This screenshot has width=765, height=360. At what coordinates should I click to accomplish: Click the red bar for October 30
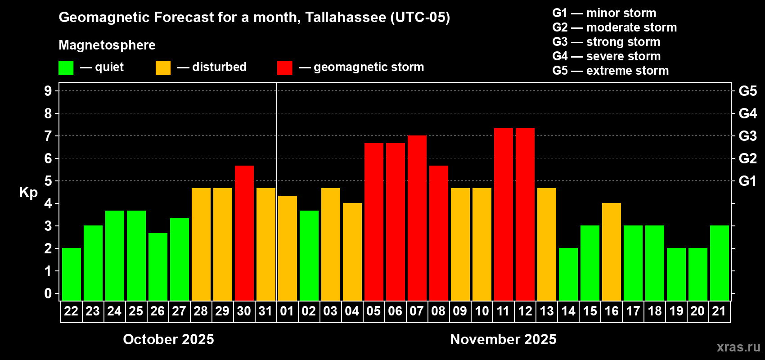coord(244,233)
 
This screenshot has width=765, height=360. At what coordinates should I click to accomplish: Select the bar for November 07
coord(417,218)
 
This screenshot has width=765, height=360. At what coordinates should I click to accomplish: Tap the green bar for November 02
coord(309,256)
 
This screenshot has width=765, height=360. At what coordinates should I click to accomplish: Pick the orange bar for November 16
coord(612,252)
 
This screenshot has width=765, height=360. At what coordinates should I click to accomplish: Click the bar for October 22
coord(71,274)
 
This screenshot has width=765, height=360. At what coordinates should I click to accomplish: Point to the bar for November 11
coord(503,215)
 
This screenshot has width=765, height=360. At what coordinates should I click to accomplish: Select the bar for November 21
coord(719,263)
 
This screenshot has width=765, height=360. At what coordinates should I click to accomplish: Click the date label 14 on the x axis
coord(568,311)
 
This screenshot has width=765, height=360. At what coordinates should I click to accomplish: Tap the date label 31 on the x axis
coord(265,311)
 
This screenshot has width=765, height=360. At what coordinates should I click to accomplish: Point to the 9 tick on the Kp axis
coord(48,91)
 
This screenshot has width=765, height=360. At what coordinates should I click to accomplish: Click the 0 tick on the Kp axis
coord(48,293)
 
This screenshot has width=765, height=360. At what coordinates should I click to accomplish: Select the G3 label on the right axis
coord(747,136)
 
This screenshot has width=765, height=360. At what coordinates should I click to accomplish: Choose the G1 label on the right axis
coord(747,181)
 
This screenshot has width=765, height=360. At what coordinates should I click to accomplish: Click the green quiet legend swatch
coord(66,68)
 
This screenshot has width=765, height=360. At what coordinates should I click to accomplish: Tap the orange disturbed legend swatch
coord(163,68)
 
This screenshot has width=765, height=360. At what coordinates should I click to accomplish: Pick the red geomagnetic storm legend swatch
coord(284,68)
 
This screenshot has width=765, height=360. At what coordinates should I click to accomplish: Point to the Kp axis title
coord(28,192)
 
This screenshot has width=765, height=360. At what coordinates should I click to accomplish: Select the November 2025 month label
coord(503,339)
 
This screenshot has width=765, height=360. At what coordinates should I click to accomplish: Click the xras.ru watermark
coord(738,347)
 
